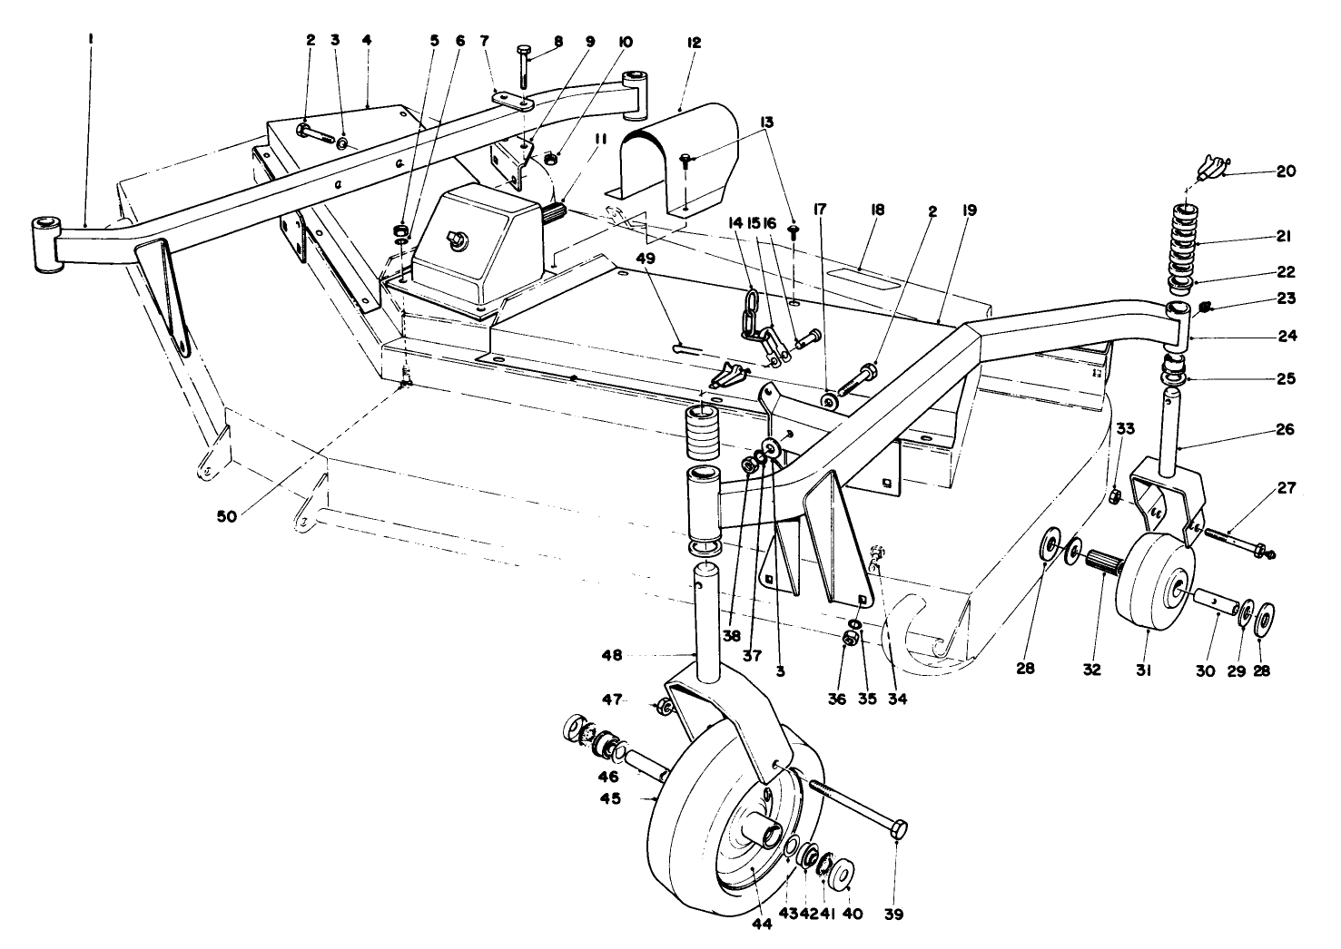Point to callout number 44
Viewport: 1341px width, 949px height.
(x=762, y=925)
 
